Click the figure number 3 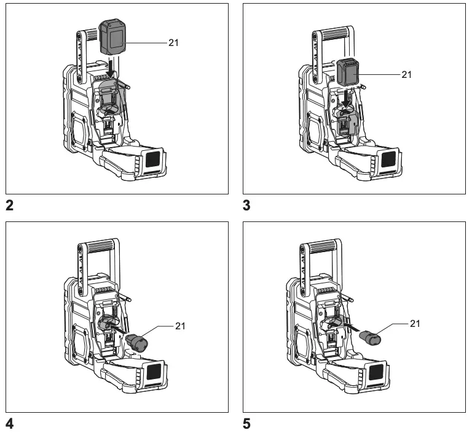[247, 206]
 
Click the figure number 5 [247, 423]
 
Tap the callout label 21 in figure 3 [406, 74]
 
